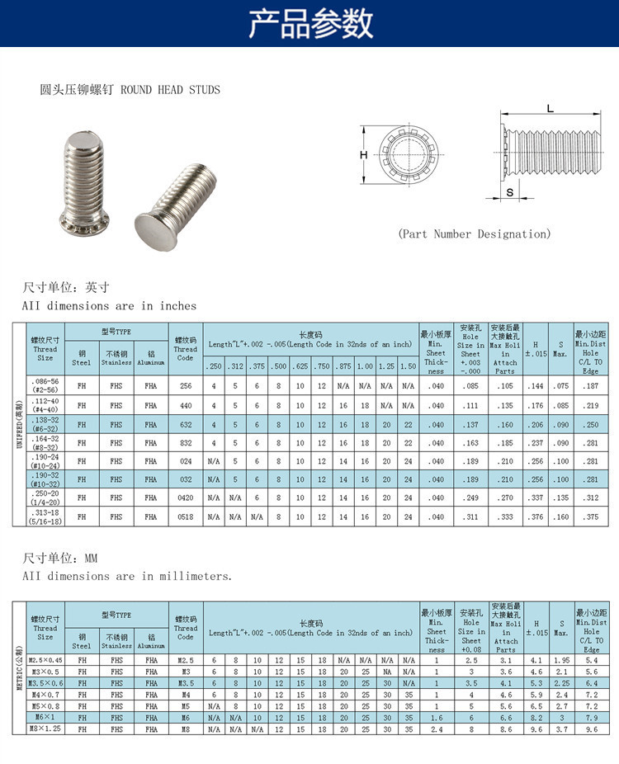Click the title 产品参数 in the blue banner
click(309, 24)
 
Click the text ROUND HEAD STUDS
click(171, 89)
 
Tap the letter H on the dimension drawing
click(362, 155)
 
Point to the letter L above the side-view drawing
click(550, 109)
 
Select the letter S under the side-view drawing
click(509, 192)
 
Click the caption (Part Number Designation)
click(474, 233)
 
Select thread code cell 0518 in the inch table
click(186, 516)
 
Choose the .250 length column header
click(214, 365)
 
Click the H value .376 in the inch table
click(536, 516)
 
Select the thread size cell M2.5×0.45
click(45, 660)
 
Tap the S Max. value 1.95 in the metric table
click(560, 660)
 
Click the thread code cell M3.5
click(186, 683)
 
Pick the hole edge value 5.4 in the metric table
click(591, 660)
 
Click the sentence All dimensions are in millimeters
click(127, 576)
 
